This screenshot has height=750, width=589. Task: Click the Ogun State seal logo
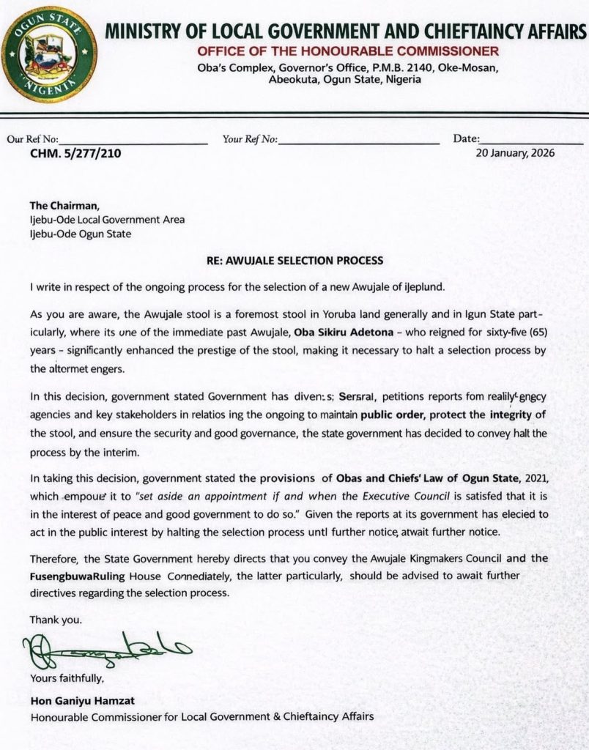tap(48, 54)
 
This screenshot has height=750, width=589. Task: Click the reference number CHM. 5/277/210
tap(75, 154)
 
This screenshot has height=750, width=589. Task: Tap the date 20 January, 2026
tap(515, 153)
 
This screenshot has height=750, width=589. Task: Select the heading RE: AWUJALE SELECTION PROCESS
tap(294, 261)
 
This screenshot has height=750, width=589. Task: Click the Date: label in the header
tap(467, 138)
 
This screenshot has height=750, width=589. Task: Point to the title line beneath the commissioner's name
tap(201, 716)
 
